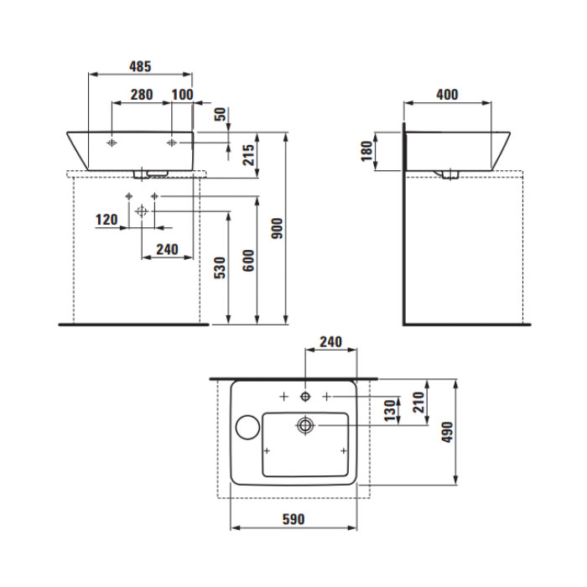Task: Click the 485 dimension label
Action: (140, 66)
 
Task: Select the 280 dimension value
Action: (142, 95)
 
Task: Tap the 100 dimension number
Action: (182, 95)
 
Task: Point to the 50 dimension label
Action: (221, 114)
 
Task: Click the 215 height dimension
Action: (248, 154)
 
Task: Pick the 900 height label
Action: (277, 228)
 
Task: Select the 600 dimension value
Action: (248, 261)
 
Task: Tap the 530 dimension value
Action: (220, 268)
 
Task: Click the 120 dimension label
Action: (106, 220)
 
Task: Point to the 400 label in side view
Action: (447, 95)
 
